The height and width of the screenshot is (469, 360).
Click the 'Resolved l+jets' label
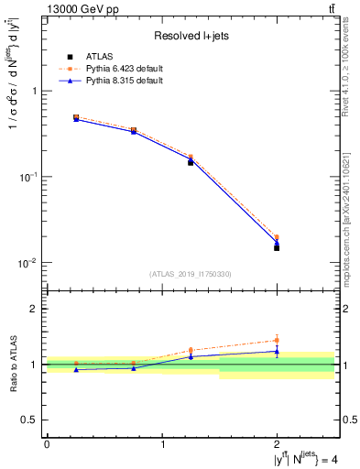coord(191,36)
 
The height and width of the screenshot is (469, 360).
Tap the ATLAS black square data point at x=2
coord(277,247)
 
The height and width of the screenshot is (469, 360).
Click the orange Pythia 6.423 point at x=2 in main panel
coord(277,237)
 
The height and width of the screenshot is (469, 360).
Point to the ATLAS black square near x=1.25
coord(191,162)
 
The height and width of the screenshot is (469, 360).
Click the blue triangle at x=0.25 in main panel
coord(76,120)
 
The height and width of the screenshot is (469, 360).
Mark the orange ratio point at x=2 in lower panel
coord(277,341)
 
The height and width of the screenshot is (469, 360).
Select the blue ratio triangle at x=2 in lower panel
coord(277,351)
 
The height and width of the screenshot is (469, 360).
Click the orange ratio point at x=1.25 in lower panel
coord(191,350)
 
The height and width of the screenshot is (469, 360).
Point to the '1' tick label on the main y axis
coord(35,91)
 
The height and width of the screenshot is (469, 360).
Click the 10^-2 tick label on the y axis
coord(28,262)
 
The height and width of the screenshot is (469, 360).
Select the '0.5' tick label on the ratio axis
coord(31,420)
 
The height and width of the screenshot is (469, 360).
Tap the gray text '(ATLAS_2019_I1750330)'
coord(190,274)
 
